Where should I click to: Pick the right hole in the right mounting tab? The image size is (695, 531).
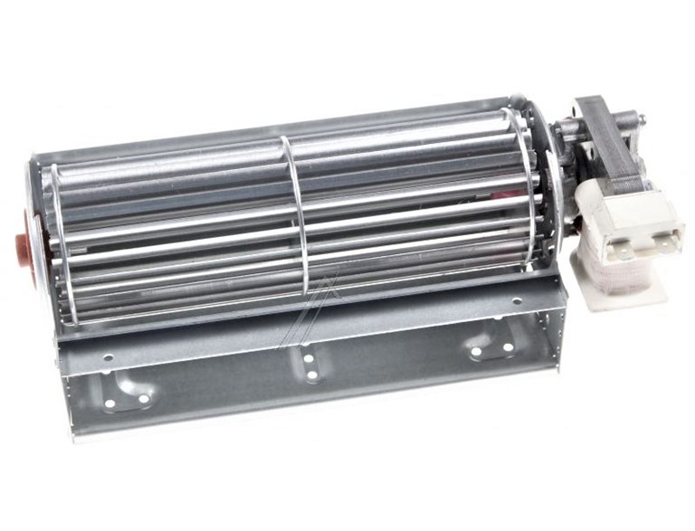[x=508, y=346]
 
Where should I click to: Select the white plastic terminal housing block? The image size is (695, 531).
[x=630, y=222]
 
